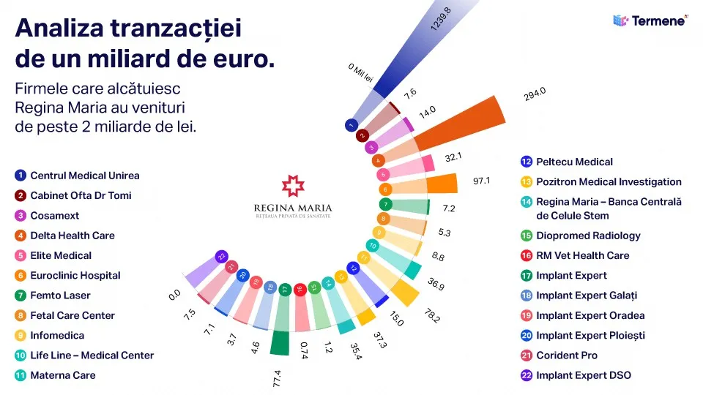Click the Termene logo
pyautogui.click(x=650, y=20)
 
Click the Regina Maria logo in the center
pyautogui.click(x=293, y=196)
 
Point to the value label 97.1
pyautogui.click(x=481, y=181)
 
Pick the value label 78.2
pyautogui.click(x=433, y=317)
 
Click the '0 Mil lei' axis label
pyautogui.click(x=360, y=73)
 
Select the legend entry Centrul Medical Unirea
pyautogui.click(x=77, y=176)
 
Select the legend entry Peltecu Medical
pyautogui.click(x=567, y=162)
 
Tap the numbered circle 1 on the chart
pyautogui.click(x=351, y=125)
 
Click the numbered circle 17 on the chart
pyautogui.click(x=285, y=289)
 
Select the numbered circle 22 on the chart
pyautogui.click(x=220, y=257)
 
